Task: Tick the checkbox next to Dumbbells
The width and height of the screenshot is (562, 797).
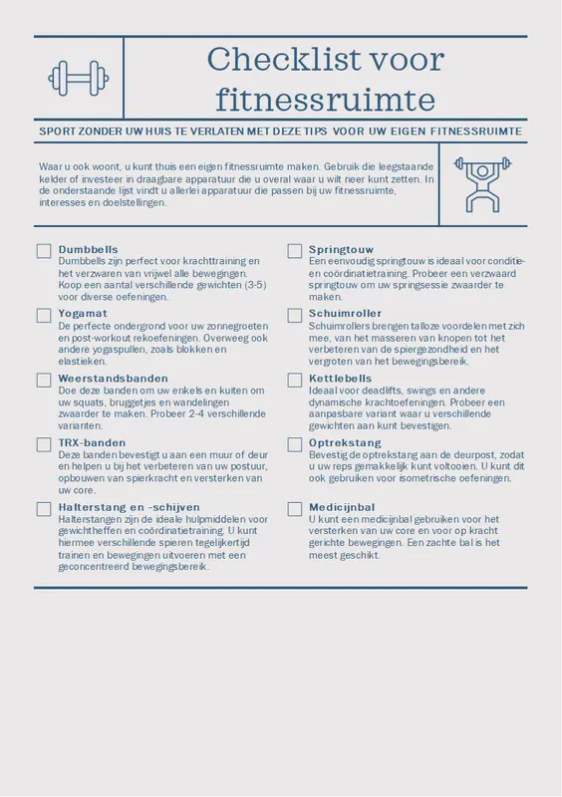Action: coord(44,251)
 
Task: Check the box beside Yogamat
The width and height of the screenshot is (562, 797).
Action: coord(44,316)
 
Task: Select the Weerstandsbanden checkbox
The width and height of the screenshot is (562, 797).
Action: coord(44,381)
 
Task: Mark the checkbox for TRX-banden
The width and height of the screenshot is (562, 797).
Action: coord(44,444)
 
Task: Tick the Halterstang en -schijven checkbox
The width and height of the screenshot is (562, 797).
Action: coord(44,509)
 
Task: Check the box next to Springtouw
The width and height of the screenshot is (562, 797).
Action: coord(295,251)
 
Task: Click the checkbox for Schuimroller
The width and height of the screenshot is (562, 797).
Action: coord(295,316)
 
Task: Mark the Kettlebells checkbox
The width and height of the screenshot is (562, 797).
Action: coord(295,381)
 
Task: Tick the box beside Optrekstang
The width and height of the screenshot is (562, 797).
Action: coord(295,444)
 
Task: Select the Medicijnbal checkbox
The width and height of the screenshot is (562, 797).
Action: coord(295,509)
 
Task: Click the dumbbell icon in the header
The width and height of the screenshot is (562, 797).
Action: coord(79,77)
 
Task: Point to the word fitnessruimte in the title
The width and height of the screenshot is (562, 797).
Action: coord(326,100)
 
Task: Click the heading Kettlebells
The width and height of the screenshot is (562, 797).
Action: coord(340,379)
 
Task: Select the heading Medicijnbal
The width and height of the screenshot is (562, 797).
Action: coord(342,507)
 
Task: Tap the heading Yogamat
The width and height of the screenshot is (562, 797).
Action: coord(84,314)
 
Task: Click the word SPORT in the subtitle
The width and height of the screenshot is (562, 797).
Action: coord(57,132)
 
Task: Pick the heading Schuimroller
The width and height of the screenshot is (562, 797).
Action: coord(345,314)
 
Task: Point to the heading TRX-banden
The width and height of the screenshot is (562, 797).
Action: coord(93,442)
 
